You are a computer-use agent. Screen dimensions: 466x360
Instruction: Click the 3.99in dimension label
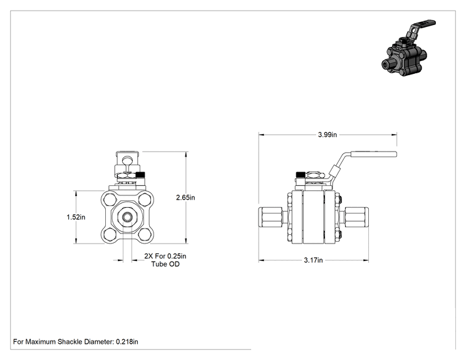point(327,135)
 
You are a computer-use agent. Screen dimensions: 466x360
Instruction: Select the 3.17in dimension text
point(313,260)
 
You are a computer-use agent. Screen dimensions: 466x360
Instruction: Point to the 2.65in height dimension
point(185,197)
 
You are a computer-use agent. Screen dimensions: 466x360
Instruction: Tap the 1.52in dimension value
point(76,217)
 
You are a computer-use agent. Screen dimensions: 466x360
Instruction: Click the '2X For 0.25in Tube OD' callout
point(165,260)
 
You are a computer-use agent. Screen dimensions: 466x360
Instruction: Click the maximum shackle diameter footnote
point(76,342)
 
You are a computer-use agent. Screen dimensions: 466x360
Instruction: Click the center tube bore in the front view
point(128,217)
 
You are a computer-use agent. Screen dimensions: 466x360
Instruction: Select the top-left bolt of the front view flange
point(110,199)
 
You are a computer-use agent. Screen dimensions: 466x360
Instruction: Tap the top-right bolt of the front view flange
point(145,199)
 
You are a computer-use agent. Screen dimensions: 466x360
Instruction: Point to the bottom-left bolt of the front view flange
point(110,235)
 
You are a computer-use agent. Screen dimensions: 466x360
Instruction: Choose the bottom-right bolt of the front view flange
point(145,235)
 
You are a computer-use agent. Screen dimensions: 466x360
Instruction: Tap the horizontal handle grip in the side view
point(374,154)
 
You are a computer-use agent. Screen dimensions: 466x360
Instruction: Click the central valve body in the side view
point(313,217)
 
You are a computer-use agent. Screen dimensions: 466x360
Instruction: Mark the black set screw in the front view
point(140,175)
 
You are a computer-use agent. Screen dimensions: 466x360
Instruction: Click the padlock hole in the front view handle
point(128,161)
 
